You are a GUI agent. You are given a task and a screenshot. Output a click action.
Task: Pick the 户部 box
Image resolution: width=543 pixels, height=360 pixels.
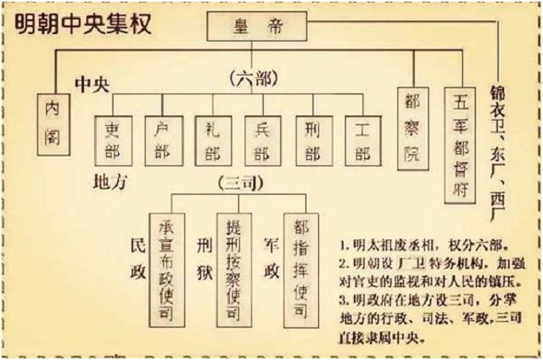(x=161, y=140)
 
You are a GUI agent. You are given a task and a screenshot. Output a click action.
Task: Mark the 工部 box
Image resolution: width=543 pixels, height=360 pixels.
(x=363, y=140)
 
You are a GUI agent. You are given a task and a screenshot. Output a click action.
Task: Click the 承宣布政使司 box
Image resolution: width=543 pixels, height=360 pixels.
(x=165, y=259)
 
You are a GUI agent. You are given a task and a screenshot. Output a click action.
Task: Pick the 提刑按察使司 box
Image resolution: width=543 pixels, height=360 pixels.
(x=232, y=259)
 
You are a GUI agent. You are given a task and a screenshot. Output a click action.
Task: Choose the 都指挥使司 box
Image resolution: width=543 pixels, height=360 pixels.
(x=299, y=259)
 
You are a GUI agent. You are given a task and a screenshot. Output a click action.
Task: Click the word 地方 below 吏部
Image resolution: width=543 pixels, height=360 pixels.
(x=111, y=182)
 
